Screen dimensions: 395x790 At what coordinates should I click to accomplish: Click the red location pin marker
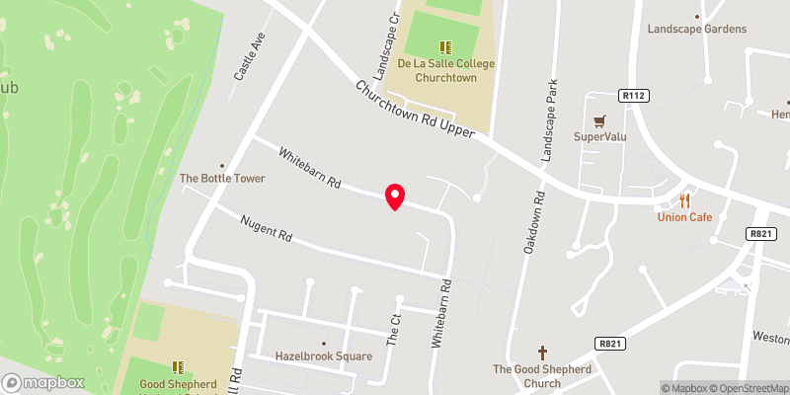(x=395, y=197)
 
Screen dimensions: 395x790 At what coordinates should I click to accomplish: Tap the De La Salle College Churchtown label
(x=446, y=70)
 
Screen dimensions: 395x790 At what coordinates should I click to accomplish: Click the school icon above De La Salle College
(x=446, y=45)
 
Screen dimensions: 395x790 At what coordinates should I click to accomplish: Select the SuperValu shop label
(x=597, y=137)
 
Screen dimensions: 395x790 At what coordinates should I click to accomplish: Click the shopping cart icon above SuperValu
(x=597, y=121)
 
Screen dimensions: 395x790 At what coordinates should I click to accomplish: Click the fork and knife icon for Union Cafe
(x=685, y=198)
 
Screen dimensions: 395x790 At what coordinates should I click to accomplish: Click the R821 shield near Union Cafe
(x=758, y=233)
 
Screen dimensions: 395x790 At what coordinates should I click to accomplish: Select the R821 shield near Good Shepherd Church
(x=608, y=343)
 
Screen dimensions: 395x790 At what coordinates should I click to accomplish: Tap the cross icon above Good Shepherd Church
(x=541, y=352)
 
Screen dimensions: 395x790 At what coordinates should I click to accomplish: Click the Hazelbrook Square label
(x=323, y=356)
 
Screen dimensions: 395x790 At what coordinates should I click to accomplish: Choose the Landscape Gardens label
(x=697, y=29)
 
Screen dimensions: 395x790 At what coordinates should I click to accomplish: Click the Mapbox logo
(x=43, y=382)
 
